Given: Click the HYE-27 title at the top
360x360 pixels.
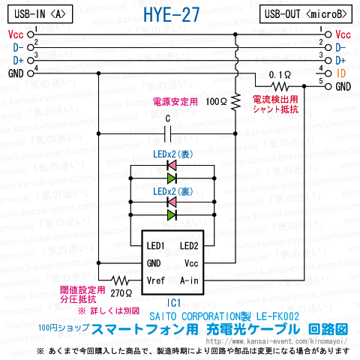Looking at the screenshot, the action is (x=172, y=15).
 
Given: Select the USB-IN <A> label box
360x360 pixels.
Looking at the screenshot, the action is (x=40, y=14).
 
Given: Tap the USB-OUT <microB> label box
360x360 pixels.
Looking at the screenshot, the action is (x=306, y=14).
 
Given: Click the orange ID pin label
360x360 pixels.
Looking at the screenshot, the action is (x=341, y=73).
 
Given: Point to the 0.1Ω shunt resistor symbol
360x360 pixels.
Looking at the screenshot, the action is (x=281, y=86).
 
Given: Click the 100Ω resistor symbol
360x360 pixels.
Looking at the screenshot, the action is (x=235, y=103).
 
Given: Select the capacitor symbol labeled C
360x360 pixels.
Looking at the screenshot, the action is (x=167, y=133).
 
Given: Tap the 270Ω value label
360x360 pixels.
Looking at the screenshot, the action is (x=121, y=293).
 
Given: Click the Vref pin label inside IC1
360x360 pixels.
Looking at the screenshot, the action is (x=156, y=280).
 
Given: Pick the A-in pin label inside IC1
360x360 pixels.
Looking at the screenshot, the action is (x=189, y=280).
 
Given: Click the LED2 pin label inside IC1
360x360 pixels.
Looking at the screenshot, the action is (x=189, y=246).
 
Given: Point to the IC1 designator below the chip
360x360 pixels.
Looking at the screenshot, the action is (x=174, y=303).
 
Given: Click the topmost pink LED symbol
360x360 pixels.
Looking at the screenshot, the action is (x=172, y=165).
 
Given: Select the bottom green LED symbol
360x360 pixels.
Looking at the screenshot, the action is (x=172, y=214).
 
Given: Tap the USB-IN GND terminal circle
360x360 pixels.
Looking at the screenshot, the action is (x=31, y=73).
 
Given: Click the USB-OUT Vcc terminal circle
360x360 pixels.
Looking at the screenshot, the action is (x=328, y=34).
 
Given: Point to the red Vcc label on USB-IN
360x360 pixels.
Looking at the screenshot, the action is (x=16, y=34).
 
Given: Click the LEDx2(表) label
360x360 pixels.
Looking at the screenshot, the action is (x=173, y=154).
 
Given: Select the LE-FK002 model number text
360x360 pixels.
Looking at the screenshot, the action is (x=277, y=316).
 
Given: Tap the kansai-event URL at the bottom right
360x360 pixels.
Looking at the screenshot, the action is (x=277, y=341).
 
